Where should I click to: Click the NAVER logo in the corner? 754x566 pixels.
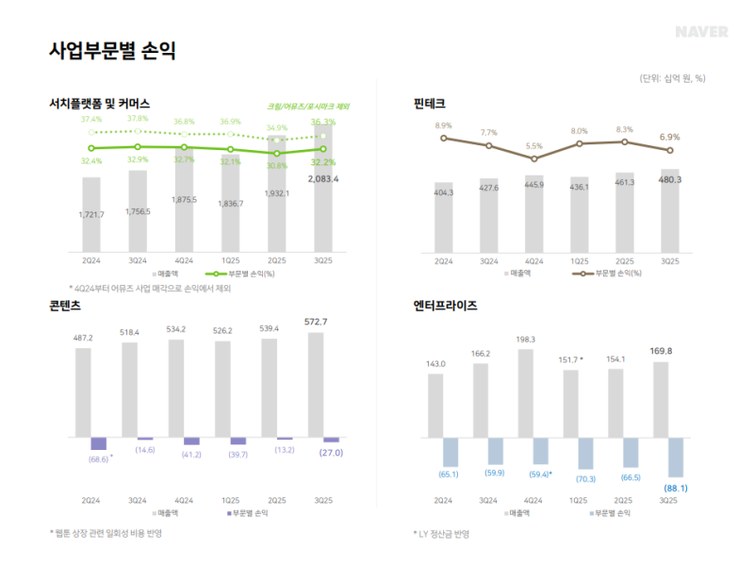[702, 32]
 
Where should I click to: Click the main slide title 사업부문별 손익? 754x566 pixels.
[112, 51]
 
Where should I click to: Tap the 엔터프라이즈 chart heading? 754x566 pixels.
[446, 306]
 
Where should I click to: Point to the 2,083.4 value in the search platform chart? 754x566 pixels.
[323, 178]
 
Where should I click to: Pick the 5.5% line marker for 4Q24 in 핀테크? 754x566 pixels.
[533, 158]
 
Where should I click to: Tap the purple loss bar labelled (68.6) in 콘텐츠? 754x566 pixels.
[98, 443]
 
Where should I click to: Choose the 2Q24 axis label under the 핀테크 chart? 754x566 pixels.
[442, 260]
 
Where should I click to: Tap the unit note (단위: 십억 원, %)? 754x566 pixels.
[672, 77]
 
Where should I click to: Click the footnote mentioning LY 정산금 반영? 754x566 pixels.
[443, 534]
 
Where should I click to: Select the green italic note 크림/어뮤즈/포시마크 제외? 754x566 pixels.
[308, 106]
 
